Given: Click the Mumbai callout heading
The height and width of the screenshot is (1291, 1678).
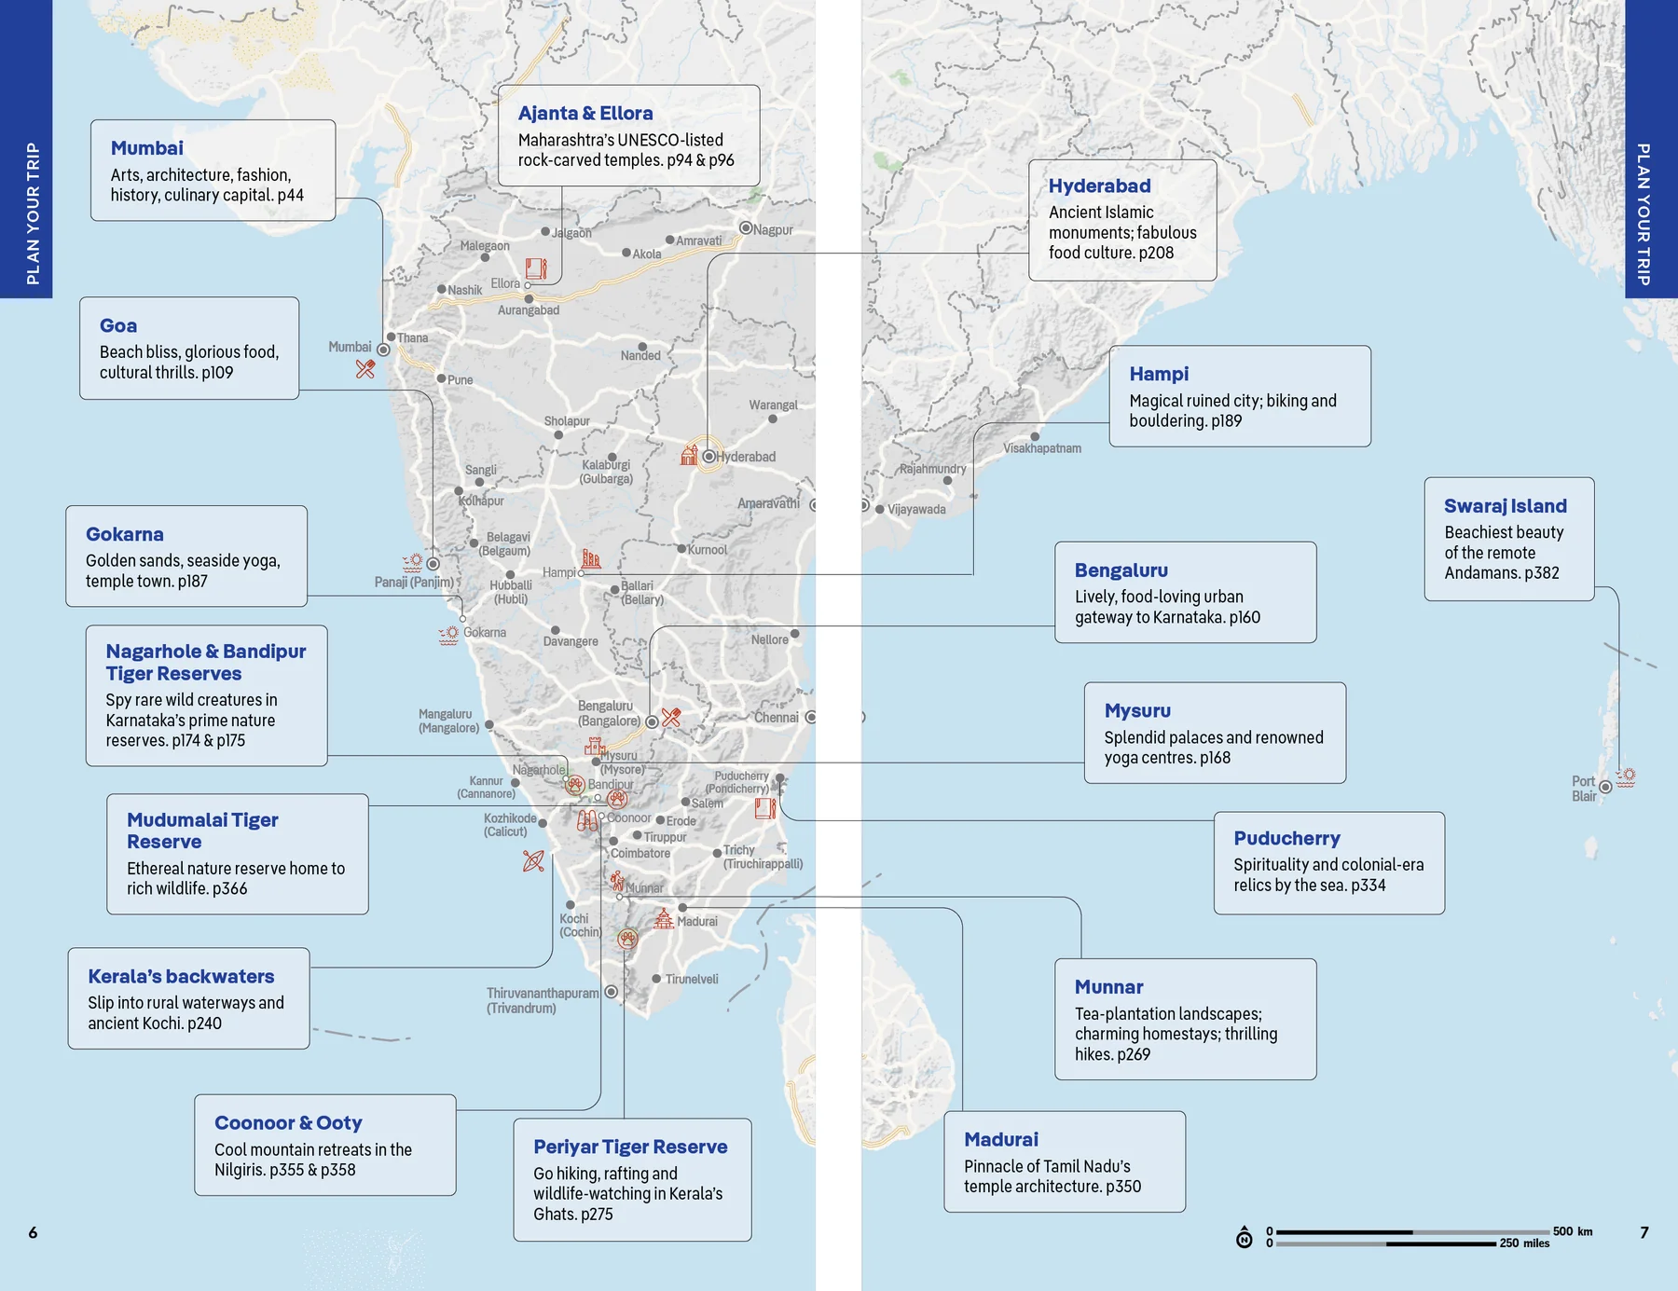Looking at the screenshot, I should click(x=146, y=148).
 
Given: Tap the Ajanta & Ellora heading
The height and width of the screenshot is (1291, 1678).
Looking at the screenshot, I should click(x=585, y=114).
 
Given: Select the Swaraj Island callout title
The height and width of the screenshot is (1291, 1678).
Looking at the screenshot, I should click(x=1505, y=506).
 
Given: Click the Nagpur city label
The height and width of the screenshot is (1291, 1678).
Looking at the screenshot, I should click(x=773, y=230).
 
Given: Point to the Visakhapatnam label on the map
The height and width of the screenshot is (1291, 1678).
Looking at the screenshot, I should click(x=1042, y=448).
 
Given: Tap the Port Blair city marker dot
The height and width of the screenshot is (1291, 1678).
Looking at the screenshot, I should click(x=1605, y=788).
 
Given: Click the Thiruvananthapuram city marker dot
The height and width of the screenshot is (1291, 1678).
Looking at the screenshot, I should click(x=612, y=992).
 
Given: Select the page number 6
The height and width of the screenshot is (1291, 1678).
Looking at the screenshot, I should click(x=33, y=1232).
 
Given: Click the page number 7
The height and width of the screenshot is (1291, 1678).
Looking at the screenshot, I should click(x=1644, y=1232).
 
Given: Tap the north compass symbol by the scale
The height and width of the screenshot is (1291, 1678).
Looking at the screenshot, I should click(x=1245, y=1237).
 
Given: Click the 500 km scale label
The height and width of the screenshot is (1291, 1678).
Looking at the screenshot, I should click(x=1573, y=1231).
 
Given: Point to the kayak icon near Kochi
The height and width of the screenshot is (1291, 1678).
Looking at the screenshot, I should click(x=533, y=861).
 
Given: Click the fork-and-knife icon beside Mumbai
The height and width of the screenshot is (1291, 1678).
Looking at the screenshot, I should click(x=365, y=369).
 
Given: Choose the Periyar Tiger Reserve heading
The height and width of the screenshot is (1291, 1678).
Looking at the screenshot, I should click(x=630, y=1147).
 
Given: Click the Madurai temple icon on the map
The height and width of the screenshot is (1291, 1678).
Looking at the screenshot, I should click(x=663, y=919).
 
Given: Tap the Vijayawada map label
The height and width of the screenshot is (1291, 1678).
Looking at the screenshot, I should click(x=915, y=510).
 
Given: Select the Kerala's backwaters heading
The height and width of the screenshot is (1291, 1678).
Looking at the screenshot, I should click(x=181, y=977).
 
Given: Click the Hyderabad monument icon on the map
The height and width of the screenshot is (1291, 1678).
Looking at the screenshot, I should click(x=689, y=456).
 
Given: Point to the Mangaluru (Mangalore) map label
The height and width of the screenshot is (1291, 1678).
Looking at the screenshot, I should click(x=448, y=721).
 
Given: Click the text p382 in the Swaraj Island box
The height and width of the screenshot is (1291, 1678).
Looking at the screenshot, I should click(x=1542, y=573).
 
